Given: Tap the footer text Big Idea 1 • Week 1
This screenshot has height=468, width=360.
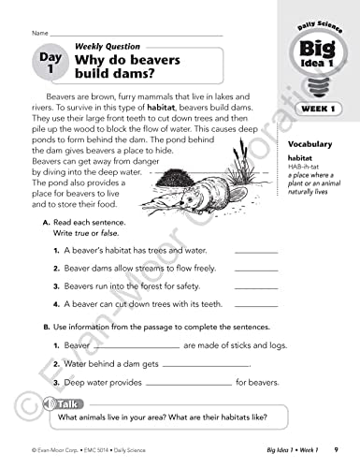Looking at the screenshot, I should pos(284,451).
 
